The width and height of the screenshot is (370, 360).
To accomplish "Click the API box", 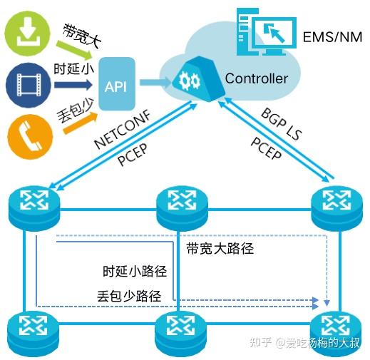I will coord(115,86).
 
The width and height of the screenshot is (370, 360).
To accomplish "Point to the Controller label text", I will coord(256,78).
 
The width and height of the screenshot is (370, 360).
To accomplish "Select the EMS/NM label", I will coord(332,36).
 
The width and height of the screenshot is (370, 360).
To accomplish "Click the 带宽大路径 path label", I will coord(220,249).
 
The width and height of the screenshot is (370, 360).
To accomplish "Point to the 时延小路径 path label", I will coord(135,272).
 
